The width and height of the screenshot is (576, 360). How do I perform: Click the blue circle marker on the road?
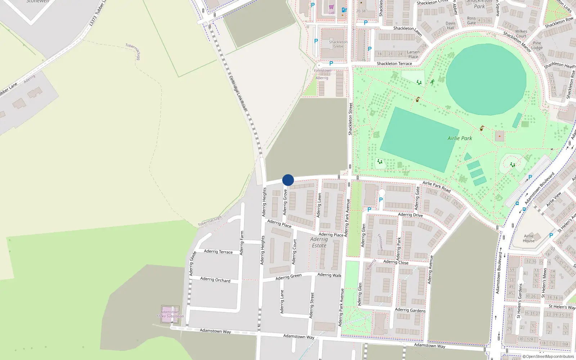coord(288,180)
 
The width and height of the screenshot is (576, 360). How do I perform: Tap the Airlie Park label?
coord(459,138)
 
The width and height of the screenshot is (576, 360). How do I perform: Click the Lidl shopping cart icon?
coord(331,7)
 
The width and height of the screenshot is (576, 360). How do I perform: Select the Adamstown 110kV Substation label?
coord(170,314)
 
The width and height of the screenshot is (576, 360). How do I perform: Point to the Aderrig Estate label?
coord(319,242)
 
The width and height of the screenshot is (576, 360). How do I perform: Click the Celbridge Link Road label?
coord(238,93)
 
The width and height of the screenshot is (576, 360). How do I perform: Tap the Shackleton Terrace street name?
coord(394,64)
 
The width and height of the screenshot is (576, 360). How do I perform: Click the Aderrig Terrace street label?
coord(218,251)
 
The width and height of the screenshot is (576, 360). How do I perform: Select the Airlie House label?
coord(528,238)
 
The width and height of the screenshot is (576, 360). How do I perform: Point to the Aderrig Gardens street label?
coord(410,310)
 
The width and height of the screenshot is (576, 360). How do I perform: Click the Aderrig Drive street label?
coord(410,215)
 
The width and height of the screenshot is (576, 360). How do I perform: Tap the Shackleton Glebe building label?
coord(338,44)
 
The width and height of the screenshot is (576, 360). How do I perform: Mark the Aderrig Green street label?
coord(288,277)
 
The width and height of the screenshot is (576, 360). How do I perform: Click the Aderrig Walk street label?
coord(329,275)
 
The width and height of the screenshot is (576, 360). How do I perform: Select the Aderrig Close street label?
coord(396,262)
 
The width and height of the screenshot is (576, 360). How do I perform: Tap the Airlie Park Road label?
coord(436,186)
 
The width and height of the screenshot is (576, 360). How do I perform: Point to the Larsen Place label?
coord(413,54)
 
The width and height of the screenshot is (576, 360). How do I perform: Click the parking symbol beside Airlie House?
coord(551,235)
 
